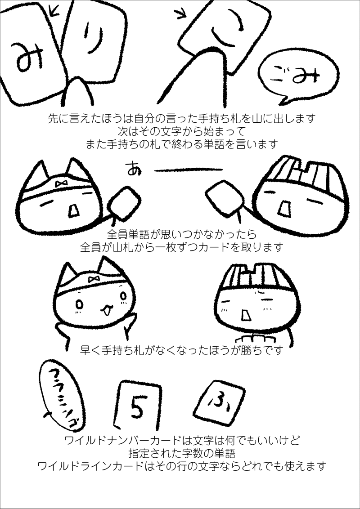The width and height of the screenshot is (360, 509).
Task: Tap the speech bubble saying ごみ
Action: [x=297, y=76]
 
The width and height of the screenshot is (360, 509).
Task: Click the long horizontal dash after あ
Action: [x=189, y=170]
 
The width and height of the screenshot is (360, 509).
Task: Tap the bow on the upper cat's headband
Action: [x=61, y=184]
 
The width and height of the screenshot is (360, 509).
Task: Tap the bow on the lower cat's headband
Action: [x=94, y=280]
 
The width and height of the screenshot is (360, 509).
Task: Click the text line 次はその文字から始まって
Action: [x=180, y=131]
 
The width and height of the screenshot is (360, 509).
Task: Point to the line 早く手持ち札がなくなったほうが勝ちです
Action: [x=181, y=350]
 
